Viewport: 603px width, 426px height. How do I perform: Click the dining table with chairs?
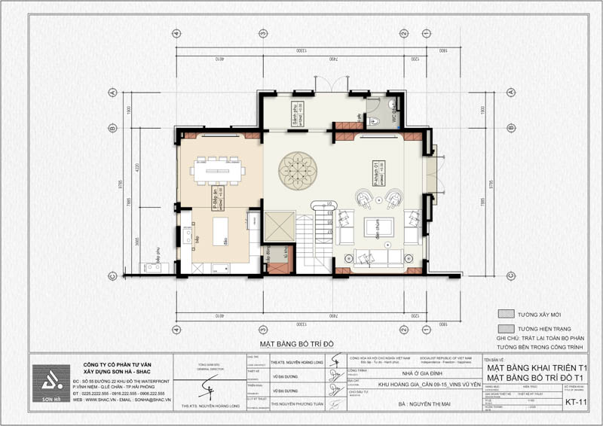pyautogui.click(x=217, y=170)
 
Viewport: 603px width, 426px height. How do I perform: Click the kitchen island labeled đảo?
pyautogui.click(x=221, y=230)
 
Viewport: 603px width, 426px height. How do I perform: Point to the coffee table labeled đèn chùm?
pyautogui.click(x=373, y=227)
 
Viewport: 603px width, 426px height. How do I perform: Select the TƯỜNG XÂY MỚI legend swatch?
pyautogui.click(x=509, y=314)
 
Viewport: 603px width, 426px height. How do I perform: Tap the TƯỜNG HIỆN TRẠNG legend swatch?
pyautogui.click(x=509, y=329)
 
